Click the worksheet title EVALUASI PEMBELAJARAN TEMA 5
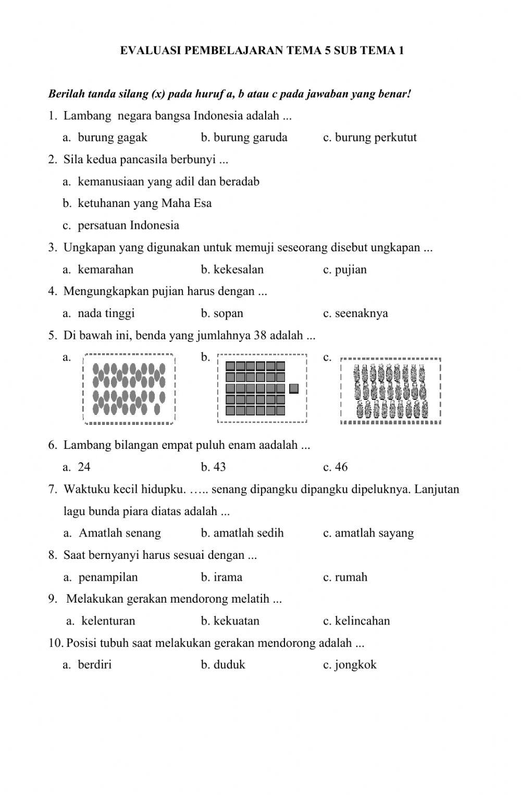coord(262,51)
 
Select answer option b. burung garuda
coord(244,138)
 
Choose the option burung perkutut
coord(370,138)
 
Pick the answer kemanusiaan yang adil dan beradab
coord(162,182)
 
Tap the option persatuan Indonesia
coord(121,226)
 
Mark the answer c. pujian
coord(345,270)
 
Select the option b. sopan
coord(222,313)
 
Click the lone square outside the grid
coord(294,388)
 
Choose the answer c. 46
coord(335,467)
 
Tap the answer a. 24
coord(77,467)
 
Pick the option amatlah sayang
coord(368,533)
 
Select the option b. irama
coord(221,577)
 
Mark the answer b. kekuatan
coord(230,621)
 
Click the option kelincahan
coord(356,621)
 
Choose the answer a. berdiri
coord(88,665)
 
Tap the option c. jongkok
coord(350,665)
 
